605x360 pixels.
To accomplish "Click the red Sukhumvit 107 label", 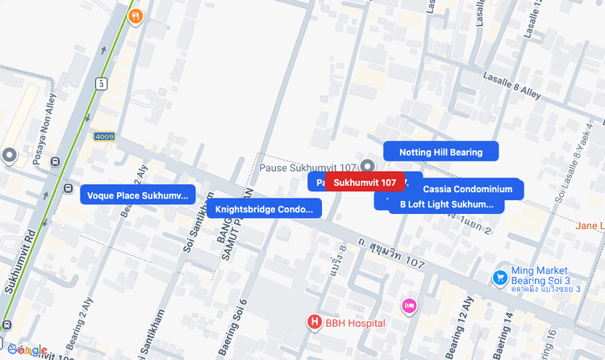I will pyautogui.click(x=365, y=182).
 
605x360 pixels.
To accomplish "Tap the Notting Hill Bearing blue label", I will pyautogui.click(x=440, y=152).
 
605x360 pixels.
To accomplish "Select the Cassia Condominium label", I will pyautogui.click(x=468, y=189).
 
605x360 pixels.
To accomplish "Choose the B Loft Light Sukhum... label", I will pyautogui.click(x=446, y=204).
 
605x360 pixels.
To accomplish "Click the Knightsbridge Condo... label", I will pyautogui.click(x=264, y=209).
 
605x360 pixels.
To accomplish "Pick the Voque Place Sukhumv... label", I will pyautogui.click(x=137, y=195).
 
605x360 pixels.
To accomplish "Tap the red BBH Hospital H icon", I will pyautogui.click(x=315, y=323).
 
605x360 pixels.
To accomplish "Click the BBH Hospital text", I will pyautogui.click(x=355, y=324).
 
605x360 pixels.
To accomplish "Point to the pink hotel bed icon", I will pyautogui.click(x=409, y=305).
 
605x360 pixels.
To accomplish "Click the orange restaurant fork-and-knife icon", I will pyautogui.click(x=136, y=15).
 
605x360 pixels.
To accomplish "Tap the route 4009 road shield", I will pyautogui.click(x=104, y=136).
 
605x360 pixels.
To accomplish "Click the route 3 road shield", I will pyautogui.click(x=101, y=83).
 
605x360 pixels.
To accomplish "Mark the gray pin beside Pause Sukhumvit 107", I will pyautogui.click(x=368, y=165).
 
